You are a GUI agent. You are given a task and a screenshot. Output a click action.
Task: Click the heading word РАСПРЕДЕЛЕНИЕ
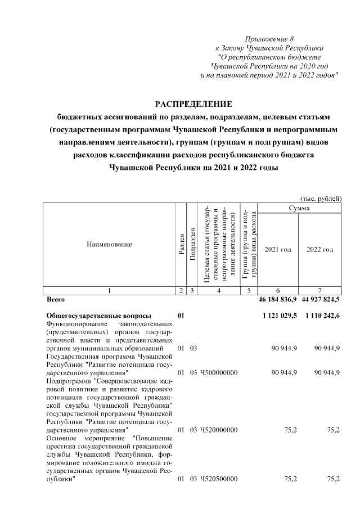[193, 104]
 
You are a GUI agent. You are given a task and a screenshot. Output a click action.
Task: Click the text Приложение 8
[270, 38]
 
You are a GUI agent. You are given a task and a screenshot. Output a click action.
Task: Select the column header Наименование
[109, 245]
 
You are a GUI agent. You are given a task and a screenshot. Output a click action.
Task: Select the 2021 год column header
[278, 249]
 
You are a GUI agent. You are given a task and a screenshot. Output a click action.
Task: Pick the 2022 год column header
[320, 249]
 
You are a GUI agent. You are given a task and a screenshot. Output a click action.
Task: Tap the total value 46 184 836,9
[277, 300]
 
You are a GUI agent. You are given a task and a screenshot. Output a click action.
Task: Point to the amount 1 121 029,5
[280, 317]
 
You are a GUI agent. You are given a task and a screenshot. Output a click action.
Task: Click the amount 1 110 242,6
[322, 317]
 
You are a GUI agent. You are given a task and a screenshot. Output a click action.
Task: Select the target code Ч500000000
[219, 373]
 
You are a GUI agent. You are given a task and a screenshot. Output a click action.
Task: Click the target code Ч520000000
[219, 430]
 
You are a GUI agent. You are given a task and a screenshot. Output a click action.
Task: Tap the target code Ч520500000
[219, 479]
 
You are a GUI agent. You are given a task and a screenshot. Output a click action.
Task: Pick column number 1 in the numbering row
[109, 290]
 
